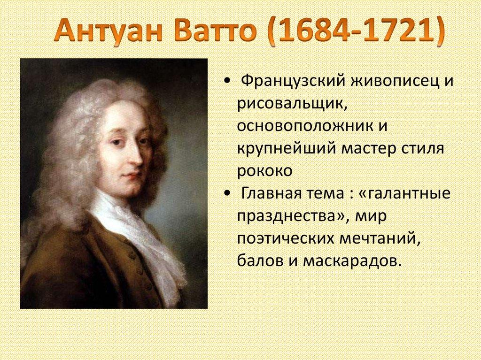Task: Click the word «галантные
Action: click(x=407, y=193)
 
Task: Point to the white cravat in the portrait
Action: click(x=141, y=235)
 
